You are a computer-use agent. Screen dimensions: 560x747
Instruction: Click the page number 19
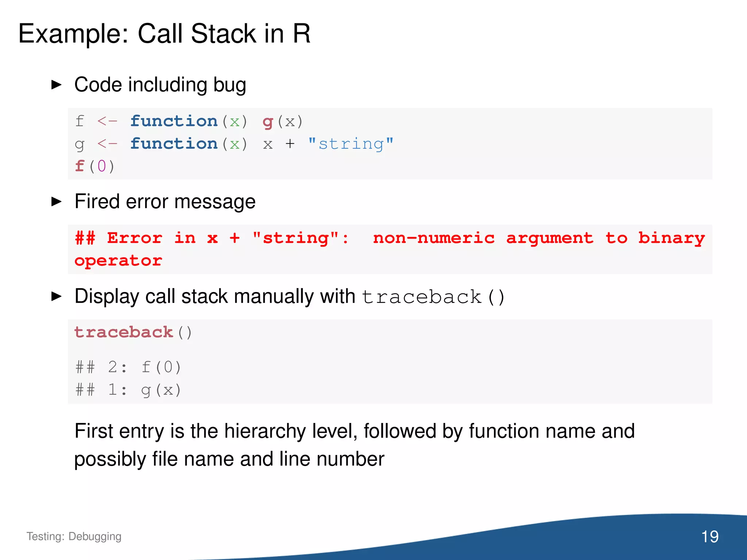[709, 536]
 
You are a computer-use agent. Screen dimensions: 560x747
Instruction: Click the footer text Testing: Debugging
[74, 536]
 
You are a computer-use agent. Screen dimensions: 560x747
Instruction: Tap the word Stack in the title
[223, 34]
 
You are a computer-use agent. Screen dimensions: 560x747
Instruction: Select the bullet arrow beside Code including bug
[57, 85]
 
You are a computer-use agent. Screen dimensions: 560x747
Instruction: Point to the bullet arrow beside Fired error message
[57, 201]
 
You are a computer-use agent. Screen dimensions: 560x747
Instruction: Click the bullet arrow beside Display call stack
[57, 296]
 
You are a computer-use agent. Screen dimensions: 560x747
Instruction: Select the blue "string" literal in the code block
[351, 144]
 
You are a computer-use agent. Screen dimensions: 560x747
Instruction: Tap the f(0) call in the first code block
[94, 166]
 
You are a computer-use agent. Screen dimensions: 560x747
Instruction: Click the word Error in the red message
[135, 238]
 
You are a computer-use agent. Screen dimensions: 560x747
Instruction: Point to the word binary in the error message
[671, 238]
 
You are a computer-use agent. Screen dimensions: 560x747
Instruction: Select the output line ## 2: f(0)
[128, 367]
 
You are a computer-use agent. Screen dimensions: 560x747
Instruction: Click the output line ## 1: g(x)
[128, 390]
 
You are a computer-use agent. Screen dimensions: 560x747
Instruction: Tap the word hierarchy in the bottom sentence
[265, 431]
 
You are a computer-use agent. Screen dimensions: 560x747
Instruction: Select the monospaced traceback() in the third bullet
[433, 297]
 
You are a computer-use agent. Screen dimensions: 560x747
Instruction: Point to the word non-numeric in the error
[434, 238]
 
